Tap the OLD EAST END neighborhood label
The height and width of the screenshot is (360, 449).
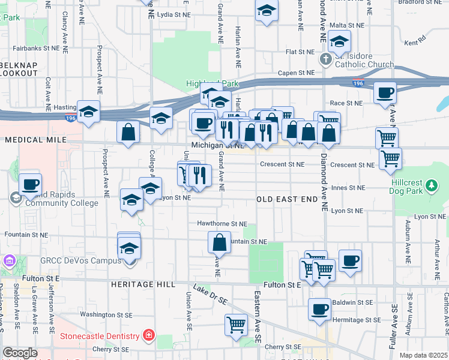point(286,199)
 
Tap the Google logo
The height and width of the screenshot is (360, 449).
point(19,353)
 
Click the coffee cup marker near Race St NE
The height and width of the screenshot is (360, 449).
point(384,93)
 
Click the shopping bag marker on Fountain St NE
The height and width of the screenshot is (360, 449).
point(220,242)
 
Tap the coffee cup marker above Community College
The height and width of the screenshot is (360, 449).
point(29,185)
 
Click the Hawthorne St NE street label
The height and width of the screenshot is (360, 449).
point(222,224)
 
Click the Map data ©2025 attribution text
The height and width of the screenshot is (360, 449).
point(423,355)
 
